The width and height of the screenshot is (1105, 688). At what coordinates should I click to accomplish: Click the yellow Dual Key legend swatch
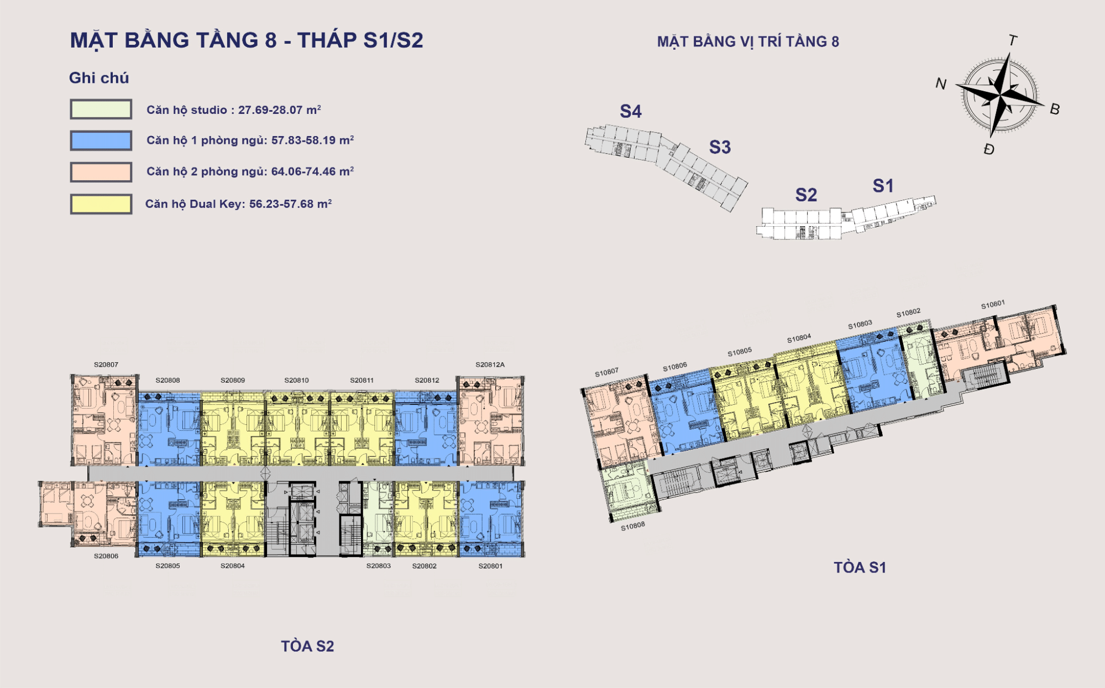[x=101, y=204]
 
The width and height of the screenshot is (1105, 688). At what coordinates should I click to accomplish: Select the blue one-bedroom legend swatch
[x=101, y=140]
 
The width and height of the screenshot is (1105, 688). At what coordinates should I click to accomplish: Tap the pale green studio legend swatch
[x=101, y=110]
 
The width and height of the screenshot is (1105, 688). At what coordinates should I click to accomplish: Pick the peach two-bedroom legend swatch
[x=101, y=172]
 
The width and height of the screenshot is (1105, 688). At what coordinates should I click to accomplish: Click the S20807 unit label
[x=106, y=365]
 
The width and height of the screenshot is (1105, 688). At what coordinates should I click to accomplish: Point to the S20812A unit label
[x=490, y=365]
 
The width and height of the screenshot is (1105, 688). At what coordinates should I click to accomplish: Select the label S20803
[x=378, y=566]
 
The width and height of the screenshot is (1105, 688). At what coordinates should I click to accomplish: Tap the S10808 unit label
[x=632, y=526]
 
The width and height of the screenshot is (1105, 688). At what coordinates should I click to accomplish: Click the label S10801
[x=993, y=305]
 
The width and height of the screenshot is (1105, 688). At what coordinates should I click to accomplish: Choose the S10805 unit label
[x=739, y=352]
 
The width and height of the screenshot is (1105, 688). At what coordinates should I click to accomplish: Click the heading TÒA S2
[x=307, y=646]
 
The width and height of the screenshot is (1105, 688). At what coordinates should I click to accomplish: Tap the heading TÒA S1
[x=860, y=567]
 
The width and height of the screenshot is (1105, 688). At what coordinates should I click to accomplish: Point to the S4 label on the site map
[x=630, y=112]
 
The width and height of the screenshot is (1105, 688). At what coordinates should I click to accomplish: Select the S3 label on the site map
[x=720, y=147]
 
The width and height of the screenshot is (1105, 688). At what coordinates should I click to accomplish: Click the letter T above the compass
[x=1013, y=40]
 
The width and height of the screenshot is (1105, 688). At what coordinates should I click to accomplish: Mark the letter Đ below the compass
[x=989, y=149]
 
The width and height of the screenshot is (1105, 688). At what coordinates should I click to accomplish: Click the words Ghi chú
[x=99, y=78]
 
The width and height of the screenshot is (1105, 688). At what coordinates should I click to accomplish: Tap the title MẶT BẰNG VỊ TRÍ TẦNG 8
[x=748, y=41]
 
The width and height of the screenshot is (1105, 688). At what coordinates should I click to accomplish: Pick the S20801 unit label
[x=490, y=566]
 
